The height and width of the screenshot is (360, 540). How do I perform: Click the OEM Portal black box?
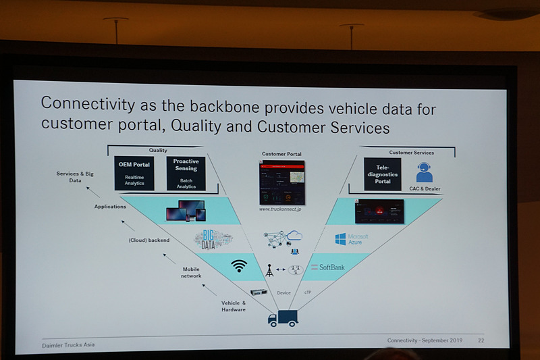[x=134, y=172]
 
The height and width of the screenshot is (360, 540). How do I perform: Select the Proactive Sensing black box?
[x=186, y=172]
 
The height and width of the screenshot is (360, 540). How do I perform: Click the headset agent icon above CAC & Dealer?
[x=424, y=172]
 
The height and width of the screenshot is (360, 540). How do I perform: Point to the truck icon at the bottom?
[x=282, y=317]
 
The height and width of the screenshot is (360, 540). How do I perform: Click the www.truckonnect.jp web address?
[x=281, y=210]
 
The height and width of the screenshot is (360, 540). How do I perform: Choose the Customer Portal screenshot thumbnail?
[x=281, y=182]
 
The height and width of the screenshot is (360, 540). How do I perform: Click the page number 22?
[x=481, y=340]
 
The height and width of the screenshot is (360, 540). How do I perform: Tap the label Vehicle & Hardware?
[x=234, y=306]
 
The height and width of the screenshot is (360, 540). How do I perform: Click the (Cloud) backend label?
[x=149, y=240]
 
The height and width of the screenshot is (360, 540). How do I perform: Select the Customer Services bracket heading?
[x=412, y=153]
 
